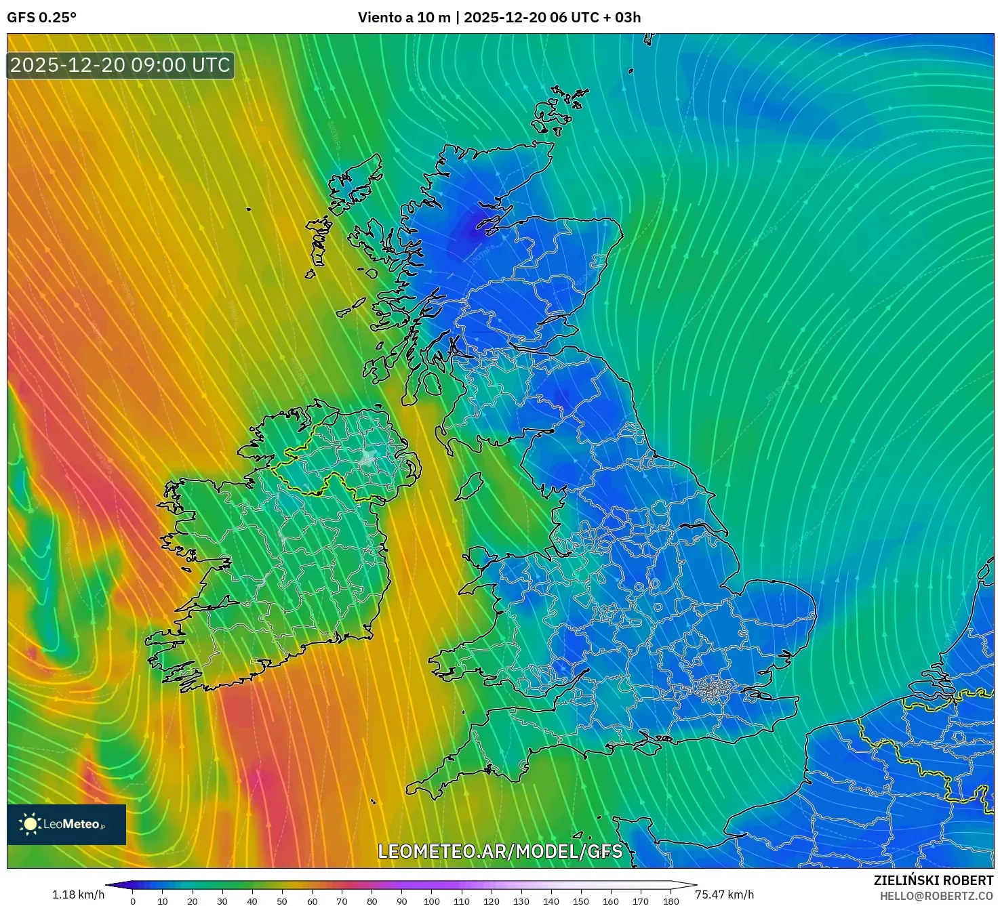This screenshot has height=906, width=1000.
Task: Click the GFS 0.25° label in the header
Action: coord(41,18)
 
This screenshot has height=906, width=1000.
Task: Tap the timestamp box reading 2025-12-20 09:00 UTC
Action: coord(120,65)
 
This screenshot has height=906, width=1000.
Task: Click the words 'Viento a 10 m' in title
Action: coord(404,18)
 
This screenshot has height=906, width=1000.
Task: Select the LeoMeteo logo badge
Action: coord(66,824)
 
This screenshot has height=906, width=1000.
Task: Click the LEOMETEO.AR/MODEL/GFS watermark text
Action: coord(500,851)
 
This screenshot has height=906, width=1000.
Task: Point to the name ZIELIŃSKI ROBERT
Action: coord(933,880)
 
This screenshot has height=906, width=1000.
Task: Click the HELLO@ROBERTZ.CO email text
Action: coord(936,896)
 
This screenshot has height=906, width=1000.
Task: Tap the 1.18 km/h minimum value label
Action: coord(78,894)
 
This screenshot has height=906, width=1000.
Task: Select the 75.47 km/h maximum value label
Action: coord(724,894)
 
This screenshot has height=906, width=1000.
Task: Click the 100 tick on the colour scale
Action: coord(432,901)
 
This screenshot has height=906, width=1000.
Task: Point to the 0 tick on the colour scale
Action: coord(133,901)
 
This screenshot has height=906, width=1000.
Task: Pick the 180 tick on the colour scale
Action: coord(671,901)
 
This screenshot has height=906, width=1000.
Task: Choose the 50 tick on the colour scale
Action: coord(282,901)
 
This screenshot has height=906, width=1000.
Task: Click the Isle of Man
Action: coord(469,486)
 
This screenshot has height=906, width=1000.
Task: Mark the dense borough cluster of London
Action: coord(712,691)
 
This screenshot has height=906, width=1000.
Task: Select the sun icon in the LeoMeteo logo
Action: coord(30,824)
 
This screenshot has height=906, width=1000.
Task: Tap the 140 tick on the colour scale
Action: coord(551,901)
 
